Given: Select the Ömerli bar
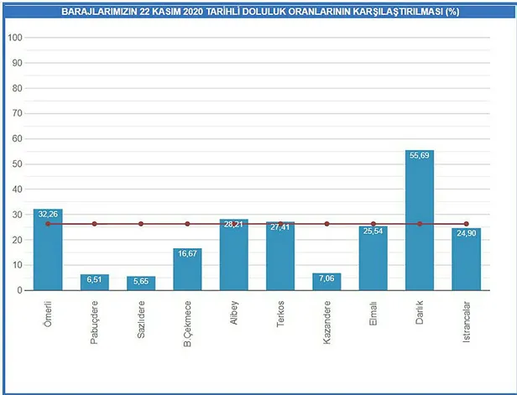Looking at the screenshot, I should click(x=48, y=252).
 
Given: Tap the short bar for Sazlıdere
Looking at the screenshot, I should click(x=141, y=283).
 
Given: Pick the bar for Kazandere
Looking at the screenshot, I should click(x=326, y=282).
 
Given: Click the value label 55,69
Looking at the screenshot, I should click(x=420, y=156).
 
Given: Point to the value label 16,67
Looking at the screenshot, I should click(x=187, y=253).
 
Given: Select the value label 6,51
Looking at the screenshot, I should click(x=95, y=279).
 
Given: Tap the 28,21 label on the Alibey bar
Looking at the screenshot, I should click(x=234, y=224).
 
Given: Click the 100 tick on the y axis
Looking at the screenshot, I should click(x=14, y=38).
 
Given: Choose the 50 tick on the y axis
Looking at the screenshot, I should click(x=17, y=164).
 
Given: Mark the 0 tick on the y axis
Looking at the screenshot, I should click(x=19, y=290).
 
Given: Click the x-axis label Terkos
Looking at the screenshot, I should click(x=280, y=310).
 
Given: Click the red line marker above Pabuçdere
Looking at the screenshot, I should click(x=95, y=224).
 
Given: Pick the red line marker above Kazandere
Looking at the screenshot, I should click(x=326, y=224).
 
